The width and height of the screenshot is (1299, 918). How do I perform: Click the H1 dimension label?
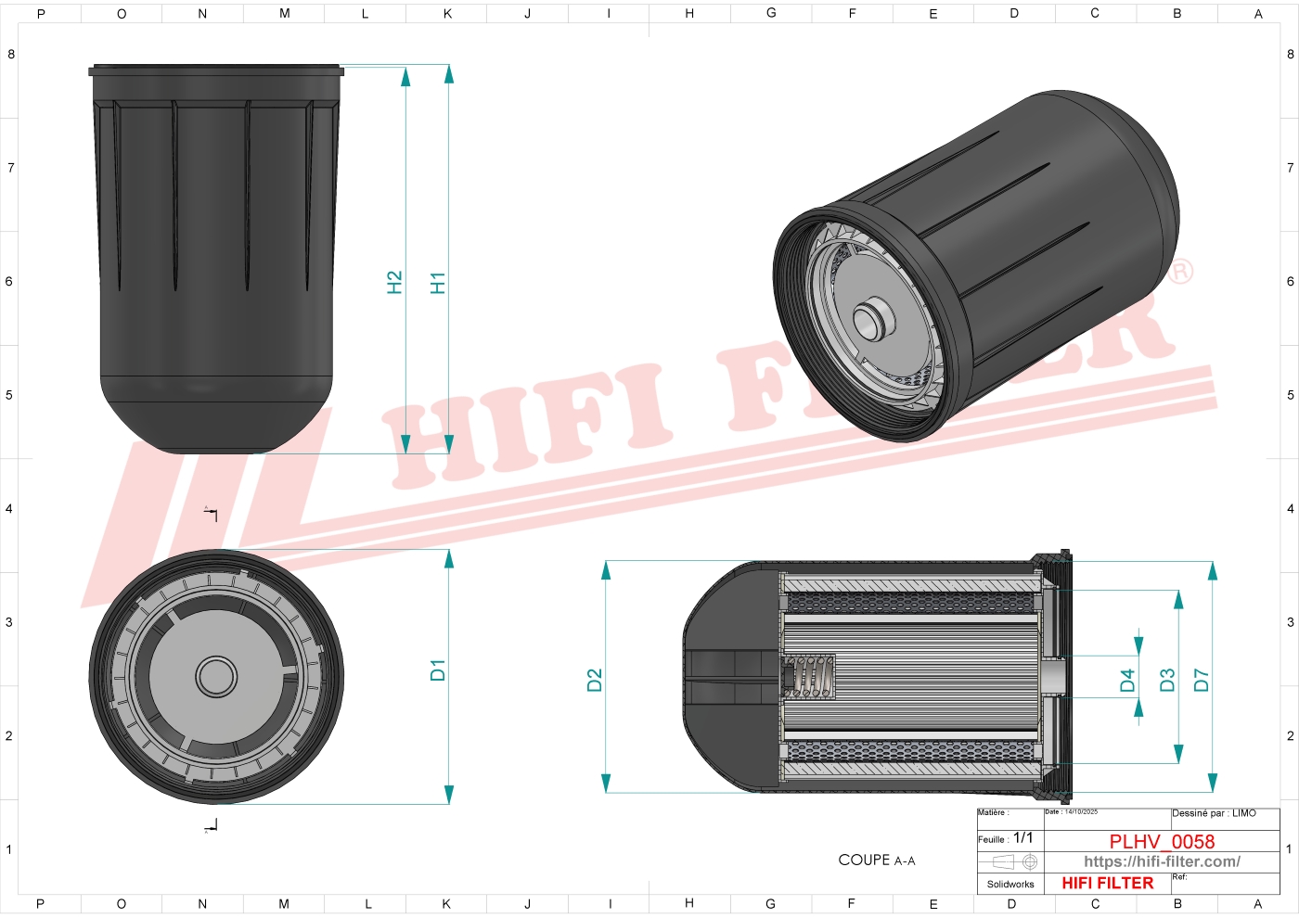(x=438, y=283)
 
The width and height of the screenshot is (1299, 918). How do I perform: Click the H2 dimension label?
(x=394, y=282)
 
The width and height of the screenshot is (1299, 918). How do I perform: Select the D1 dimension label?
(x=438, y=670)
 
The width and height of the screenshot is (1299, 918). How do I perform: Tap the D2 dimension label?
(x=595, y=681)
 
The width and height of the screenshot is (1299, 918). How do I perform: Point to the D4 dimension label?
(x=1127, y=681)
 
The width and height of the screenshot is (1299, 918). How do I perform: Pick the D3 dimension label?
(x=1167, y=681)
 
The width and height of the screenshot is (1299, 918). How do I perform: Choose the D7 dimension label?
(x=1202, y=681)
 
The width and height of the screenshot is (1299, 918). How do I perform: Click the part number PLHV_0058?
(x=1162, y=841)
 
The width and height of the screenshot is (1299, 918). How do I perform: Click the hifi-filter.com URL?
(x=1162, y=861)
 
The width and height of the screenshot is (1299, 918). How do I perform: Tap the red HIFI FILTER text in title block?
(x=1107, y=883)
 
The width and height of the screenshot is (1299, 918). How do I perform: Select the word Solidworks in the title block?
(x=1010, y=884)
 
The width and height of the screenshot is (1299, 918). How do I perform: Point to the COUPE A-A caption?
(x=876, y=861)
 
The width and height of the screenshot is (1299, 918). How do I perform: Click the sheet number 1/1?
(x=1022, y=837)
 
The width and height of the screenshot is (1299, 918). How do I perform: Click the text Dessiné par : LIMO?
(x=1214, y=813)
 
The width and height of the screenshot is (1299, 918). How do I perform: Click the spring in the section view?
(x=813, y=676)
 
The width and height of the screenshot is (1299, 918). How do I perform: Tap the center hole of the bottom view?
(x=216, y=676)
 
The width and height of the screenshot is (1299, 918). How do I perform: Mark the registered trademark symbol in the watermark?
(x=1180, y=272)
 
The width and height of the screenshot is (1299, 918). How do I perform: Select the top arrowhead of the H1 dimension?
(x=449, y=74)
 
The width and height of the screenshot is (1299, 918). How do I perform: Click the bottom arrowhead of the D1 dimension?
(x=449, y=795)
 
